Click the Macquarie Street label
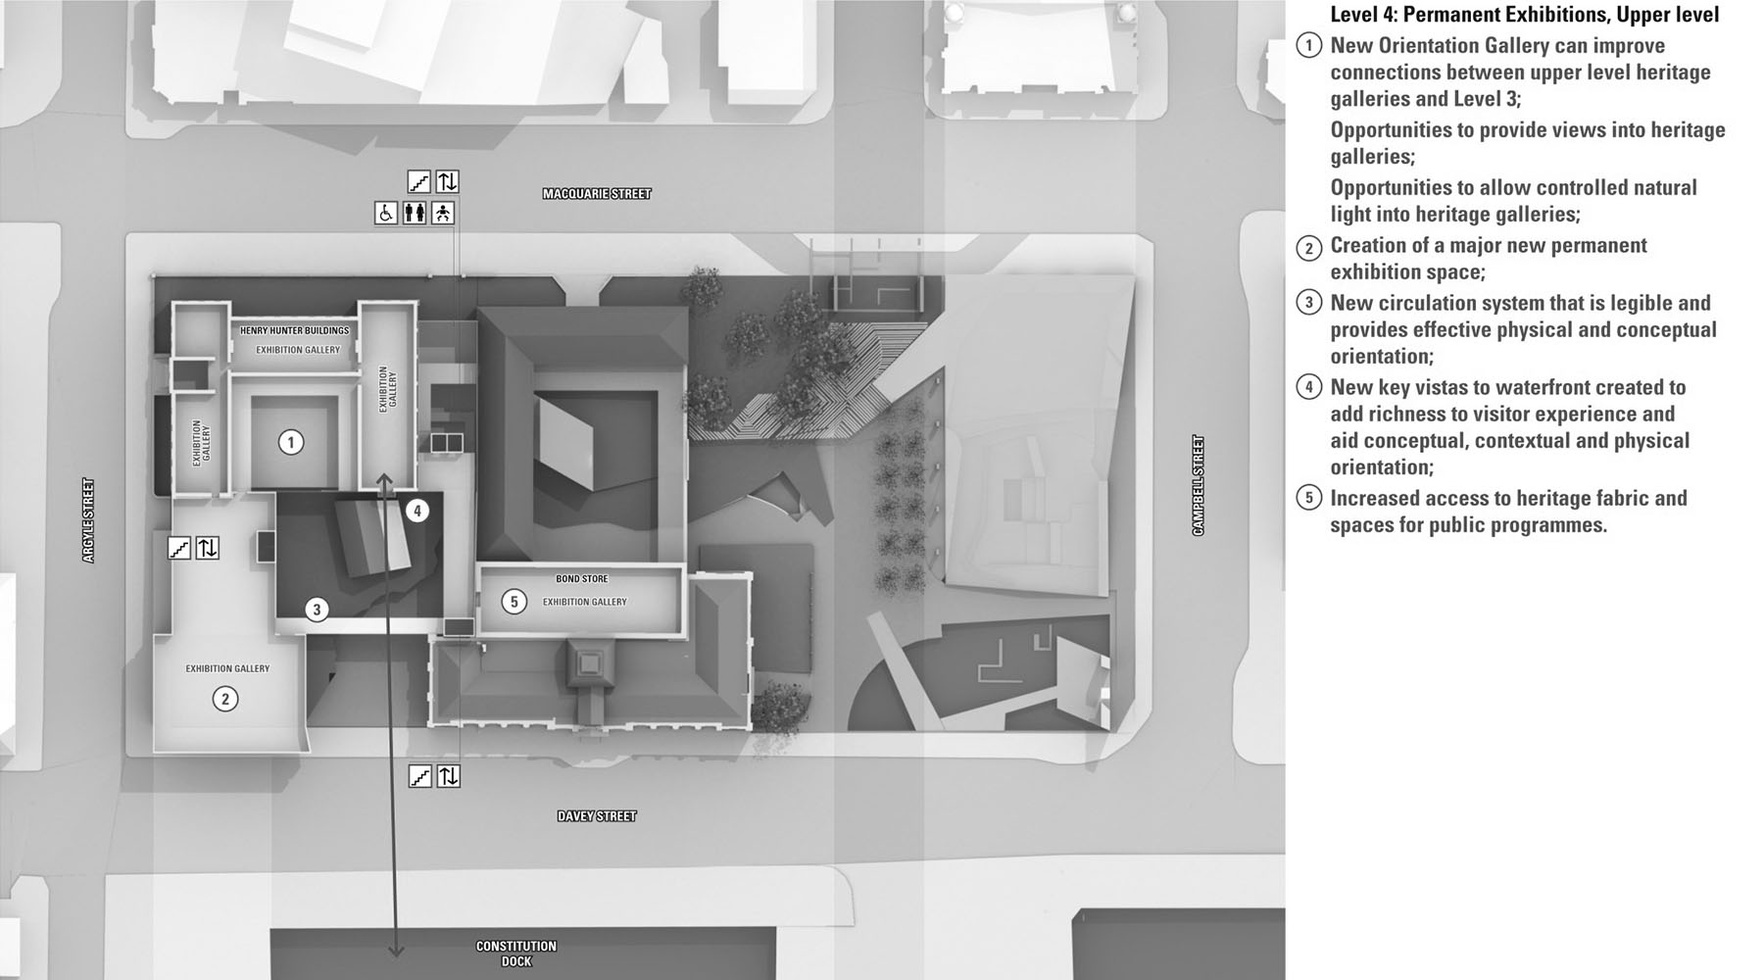tap(597, 194)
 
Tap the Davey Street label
tap(597, 816)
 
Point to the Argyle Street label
tap(88, 520)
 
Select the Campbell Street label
tap(1198, 485)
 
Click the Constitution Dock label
tap(516, 954)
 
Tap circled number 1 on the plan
tap(290, 443)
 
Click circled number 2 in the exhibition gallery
tap(225, 699)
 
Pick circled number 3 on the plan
tap(317, 610)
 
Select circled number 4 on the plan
tap(417, 511)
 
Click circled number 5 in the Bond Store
tap(514, 601)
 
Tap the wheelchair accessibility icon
tap(386, 213)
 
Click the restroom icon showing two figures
tap(415, 213)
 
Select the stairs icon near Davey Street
tap(419, 776)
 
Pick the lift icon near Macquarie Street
tap(447, 181)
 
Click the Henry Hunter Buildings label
tap(294, 331)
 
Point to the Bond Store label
tap(582, 579)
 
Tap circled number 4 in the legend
tap(1308, 387)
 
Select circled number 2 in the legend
tap(1308, 247)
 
